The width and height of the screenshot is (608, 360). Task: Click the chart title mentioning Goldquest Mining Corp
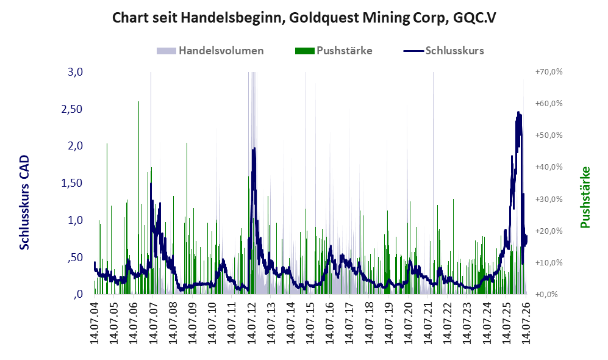point(304,18)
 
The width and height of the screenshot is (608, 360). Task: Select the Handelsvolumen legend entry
point(210,51)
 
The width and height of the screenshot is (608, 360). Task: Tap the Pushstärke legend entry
point(334,51)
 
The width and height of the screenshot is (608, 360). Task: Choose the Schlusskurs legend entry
point(443,51)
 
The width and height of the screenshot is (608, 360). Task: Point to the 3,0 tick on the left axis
point(75,72)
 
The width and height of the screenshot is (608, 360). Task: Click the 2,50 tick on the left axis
point(72,109)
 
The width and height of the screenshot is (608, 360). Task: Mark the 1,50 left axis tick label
point(72,183)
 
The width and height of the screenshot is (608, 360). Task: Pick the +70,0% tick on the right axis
point(549,72)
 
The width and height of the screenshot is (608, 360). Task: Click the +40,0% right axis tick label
point(549,167)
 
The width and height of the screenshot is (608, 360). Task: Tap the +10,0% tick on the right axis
point(549,262)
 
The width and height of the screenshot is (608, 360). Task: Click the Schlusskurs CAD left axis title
point(24,203)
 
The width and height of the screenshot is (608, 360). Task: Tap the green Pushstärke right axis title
point(585,197)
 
